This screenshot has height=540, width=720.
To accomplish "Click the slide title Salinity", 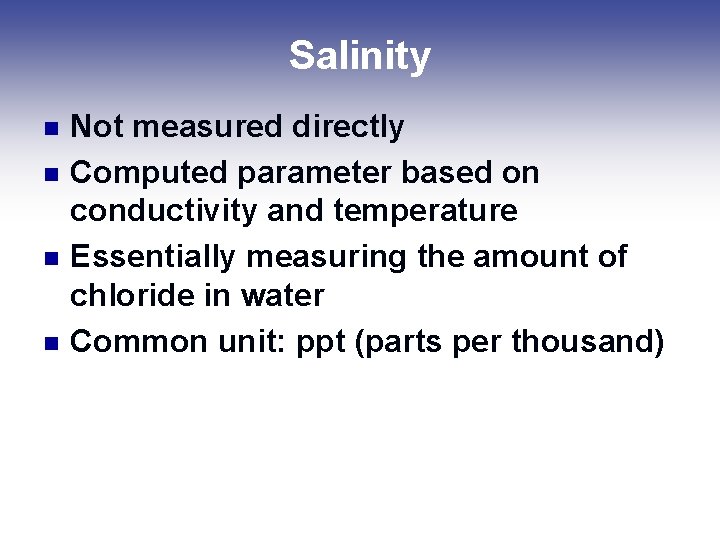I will click(359, 56).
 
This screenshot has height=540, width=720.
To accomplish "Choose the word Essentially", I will click(153, 257).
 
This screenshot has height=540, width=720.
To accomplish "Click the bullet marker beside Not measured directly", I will click(54, 128).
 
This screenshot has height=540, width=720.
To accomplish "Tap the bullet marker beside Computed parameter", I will click(54, 174).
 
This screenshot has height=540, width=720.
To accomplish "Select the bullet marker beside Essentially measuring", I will click(54, 258).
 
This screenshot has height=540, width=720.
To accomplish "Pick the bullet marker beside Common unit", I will click(54, 342).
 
